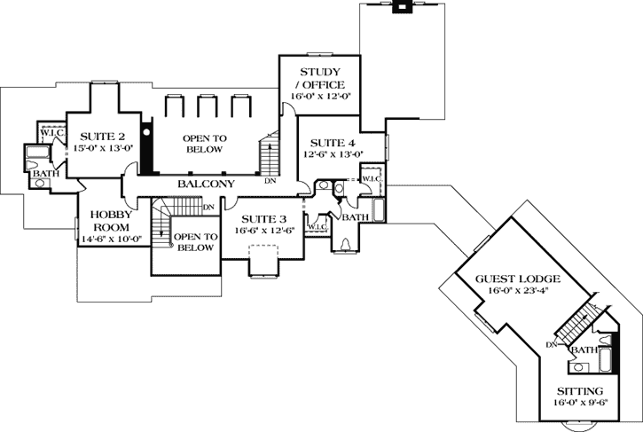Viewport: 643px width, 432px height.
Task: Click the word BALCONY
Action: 205,184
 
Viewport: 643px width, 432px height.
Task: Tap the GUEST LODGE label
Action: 522,279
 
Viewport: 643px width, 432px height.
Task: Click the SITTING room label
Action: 580,391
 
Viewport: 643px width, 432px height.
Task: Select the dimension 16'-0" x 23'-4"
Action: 522,290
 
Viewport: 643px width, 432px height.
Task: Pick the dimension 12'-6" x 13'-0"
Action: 333,154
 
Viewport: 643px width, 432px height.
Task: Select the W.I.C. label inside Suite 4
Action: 370,178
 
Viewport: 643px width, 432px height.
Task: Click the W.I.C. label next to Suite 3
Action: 317,227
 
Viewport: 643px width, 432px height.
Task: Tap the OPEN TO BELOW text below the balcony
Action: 194,242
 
